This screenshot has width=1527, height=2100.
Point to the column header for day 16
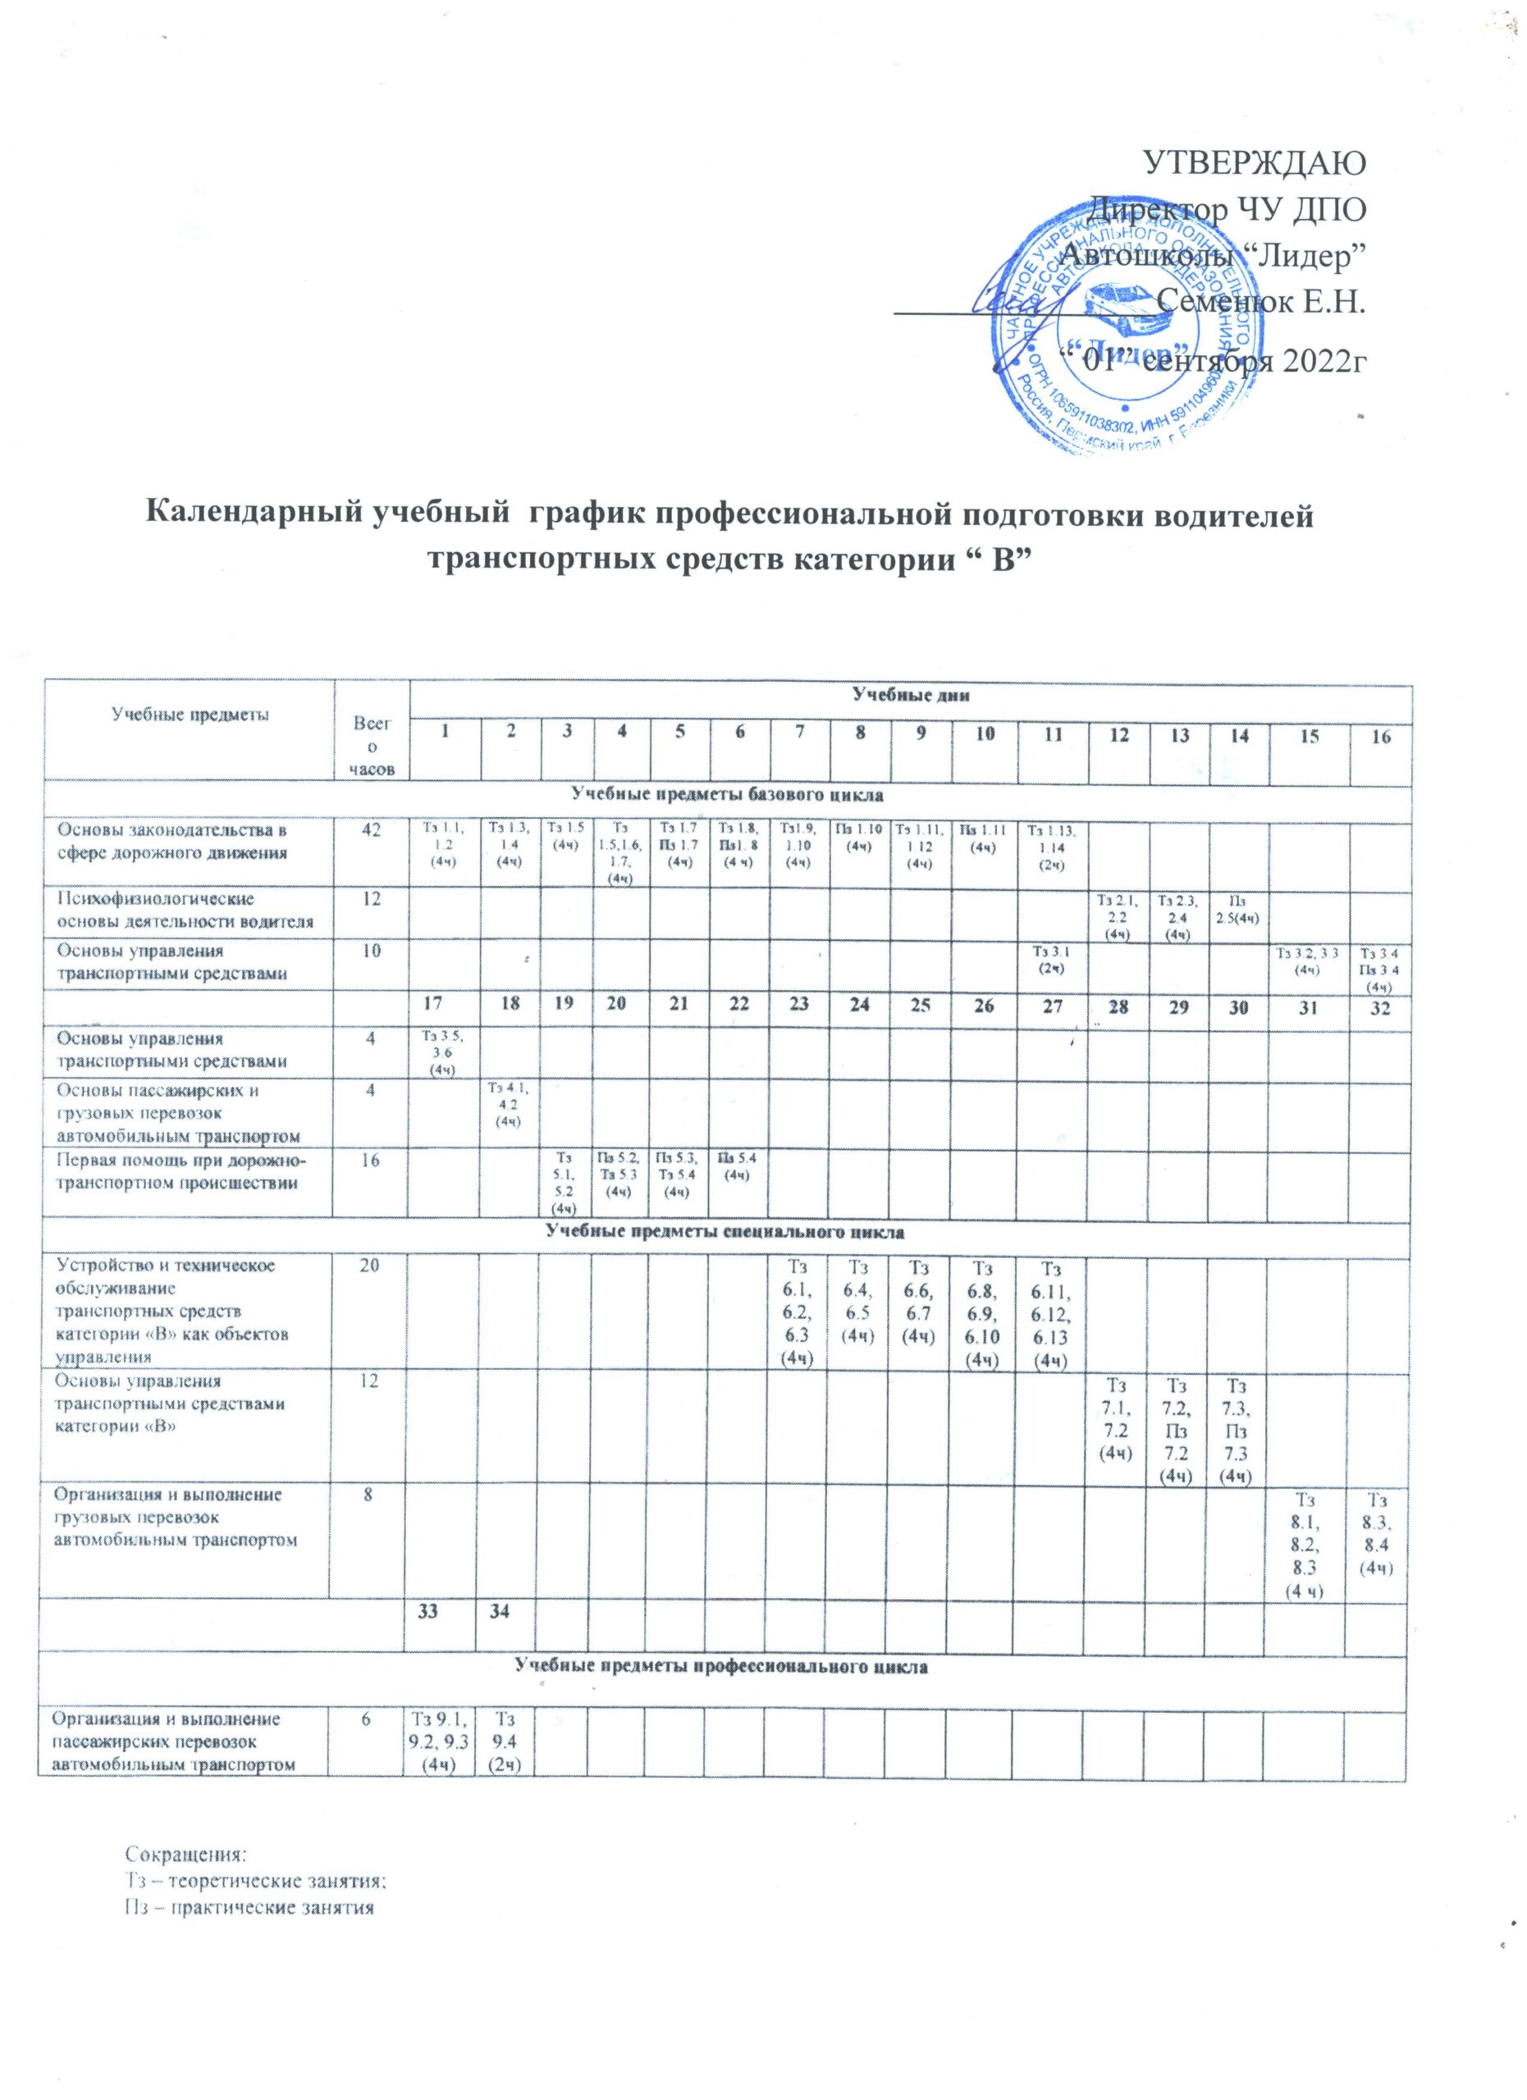[x=1380, y=737]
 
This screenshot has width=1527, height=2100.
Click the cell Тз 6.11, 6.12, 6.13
[x=1051, y=1310]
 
